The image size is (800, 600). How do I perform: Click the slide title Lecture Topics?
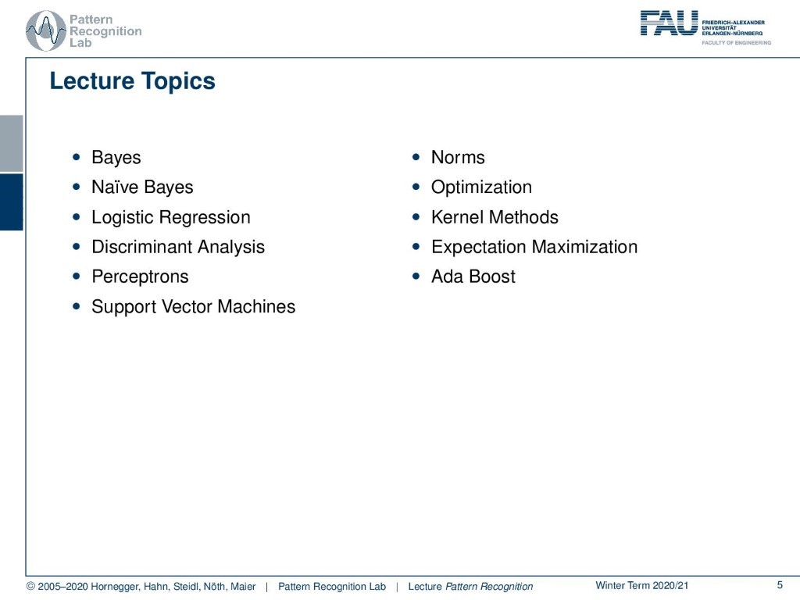pyautogui.click(x=132, y=81)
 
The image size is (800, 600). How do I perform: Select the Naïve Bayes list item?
pyautogui.click(x=142, y=187)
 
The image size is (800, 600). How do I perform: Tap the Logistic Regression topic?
pyautogui.click(x=171, y=217)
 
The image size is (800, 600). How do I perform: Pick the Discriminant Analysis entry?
pyautogui.click(x=178, y=247)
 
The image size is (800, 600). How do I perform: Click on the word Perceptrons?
pyautogui.click(x=140, y=277)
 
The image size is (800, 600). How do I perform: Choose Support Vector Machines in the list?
pyautogui.click(x=194, y=306)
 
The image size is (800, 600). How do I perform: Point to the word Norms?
pyautogui.click(x=458, y=157)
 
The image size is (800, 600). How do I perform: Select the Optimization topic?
pyautogui.click(x=481, y=187)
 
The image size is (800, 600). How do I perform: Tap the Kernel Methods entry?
pyautogui.click(x=495, y=217)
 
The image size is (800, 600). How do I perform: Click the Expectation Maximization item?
pyautogui.click(x=534, y=247)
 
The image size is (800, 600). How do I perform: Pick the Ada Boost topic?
pyautogui.click(x=473, y=277)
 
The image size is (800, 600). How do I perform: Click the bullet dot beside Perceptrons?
pyautogui.click(x=77, y=276)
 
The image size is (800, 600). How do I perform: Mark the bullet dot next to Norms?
pyautogui.click(x=416, y=156)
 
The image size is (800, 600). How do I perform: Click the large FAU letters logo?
pyautogui.click(x=669, y=23)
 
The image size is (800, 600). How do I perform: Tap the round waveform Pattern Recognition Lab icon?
pyautogui.click(x=45, y=30)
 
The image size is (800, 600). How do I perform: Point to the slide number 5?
pyautogui.click(x=780, y=585)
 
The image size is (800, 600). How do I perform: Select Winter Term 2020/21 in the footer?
pyautogui.click(x=642, y=586)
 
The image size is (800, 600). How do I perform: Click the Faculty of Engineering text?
pyautogui.click(x=736, y=43)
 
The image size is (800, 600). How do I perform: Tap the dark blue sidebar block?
pyautogui.click(x=11, y=202)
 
